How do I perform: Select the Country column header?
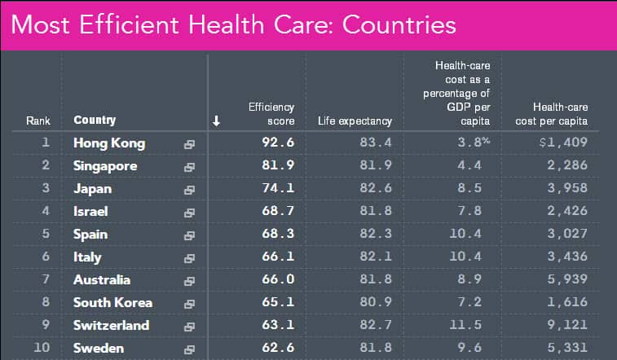point(95,121)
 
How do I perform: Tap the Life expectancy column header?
point(355,121)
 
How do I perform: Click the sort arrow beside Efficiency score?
point(216,121)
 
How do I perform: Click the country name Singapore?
point(105,166)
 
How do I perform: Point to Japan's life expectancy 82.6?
point(375,189)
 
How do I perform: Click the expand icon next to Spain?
point(189,235)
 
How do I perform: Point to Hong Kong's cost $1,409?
point(562,143)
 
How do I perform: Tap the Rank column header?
point(38,121)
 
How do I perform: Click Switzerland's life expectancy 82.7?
point(375,326)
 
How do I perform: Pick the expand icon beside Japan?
point(189,190)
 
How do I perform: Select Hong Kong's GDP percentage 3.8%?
point(474,143)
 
